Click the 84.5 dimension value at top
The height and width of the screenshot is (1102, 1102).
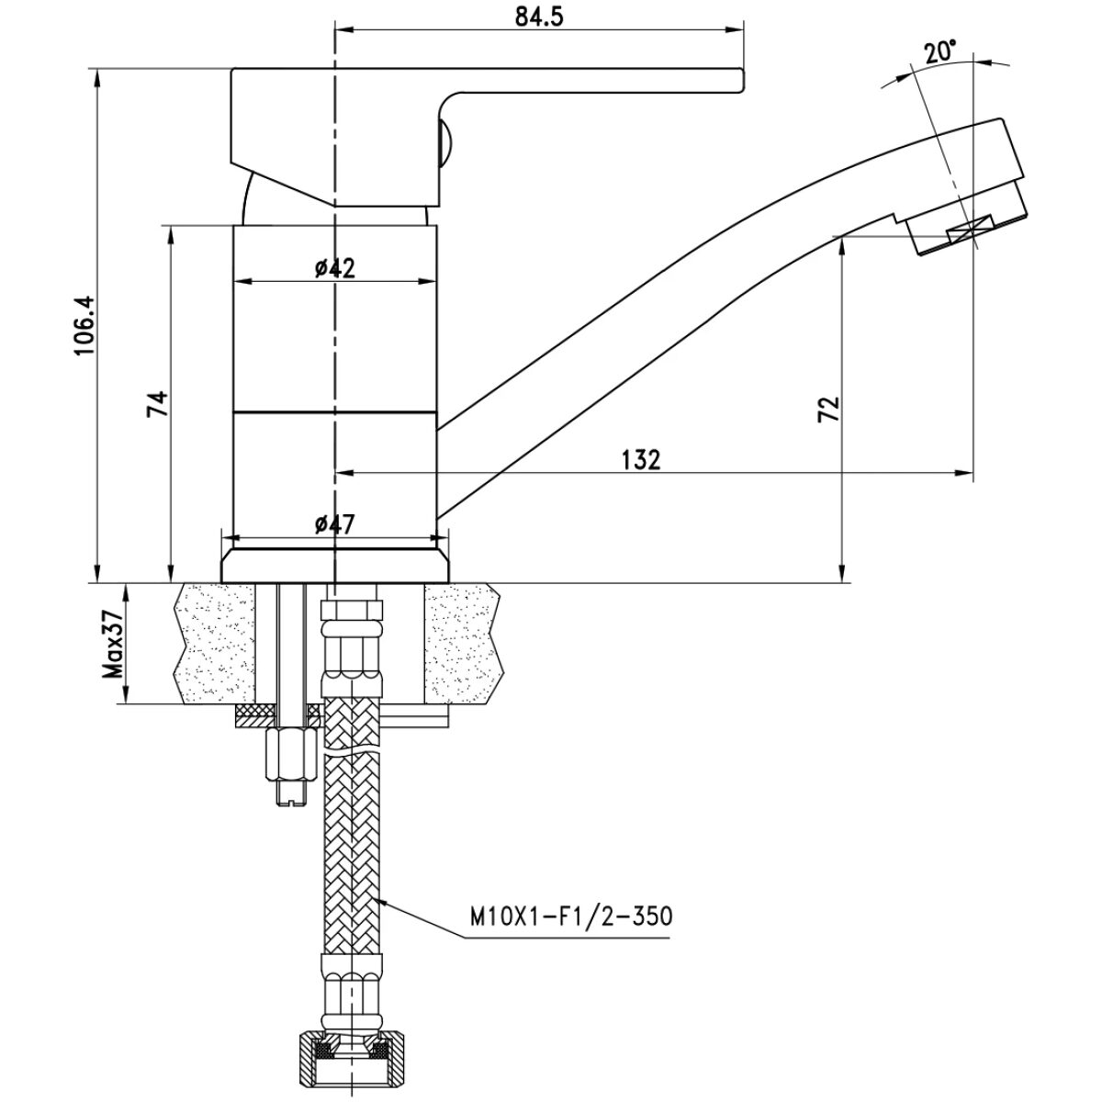pos(538,17)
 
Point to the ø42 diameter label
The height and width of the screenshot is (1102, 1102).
pos(334,267)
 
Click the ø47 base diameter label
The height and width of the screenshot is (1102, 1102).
pos(334,523)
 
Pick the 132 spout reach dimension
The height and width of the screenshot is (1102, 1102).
pos(641,460)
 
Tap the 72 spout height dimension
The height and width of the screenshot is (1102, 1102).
pos(828,409)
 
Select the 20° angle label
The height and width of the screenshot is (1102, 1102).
pos(940,51)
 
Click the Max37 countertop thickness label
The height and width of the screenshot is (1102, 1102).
pos(113,645)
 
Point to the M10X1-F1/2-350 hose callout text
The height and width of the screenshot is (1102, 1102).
pos(571,916)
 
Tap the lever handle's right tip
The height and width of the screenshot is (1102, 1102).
pos(743,80)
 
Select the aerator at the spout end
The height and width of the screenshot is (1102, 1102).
pos(966,222)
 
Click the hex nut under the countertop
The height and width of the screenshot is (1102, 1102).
pos(291,754)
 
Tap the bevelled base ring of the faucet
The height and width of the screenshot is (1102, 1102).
pos(334,566)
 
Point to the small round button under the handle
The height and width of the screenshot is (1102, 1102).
pos(444,143)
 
